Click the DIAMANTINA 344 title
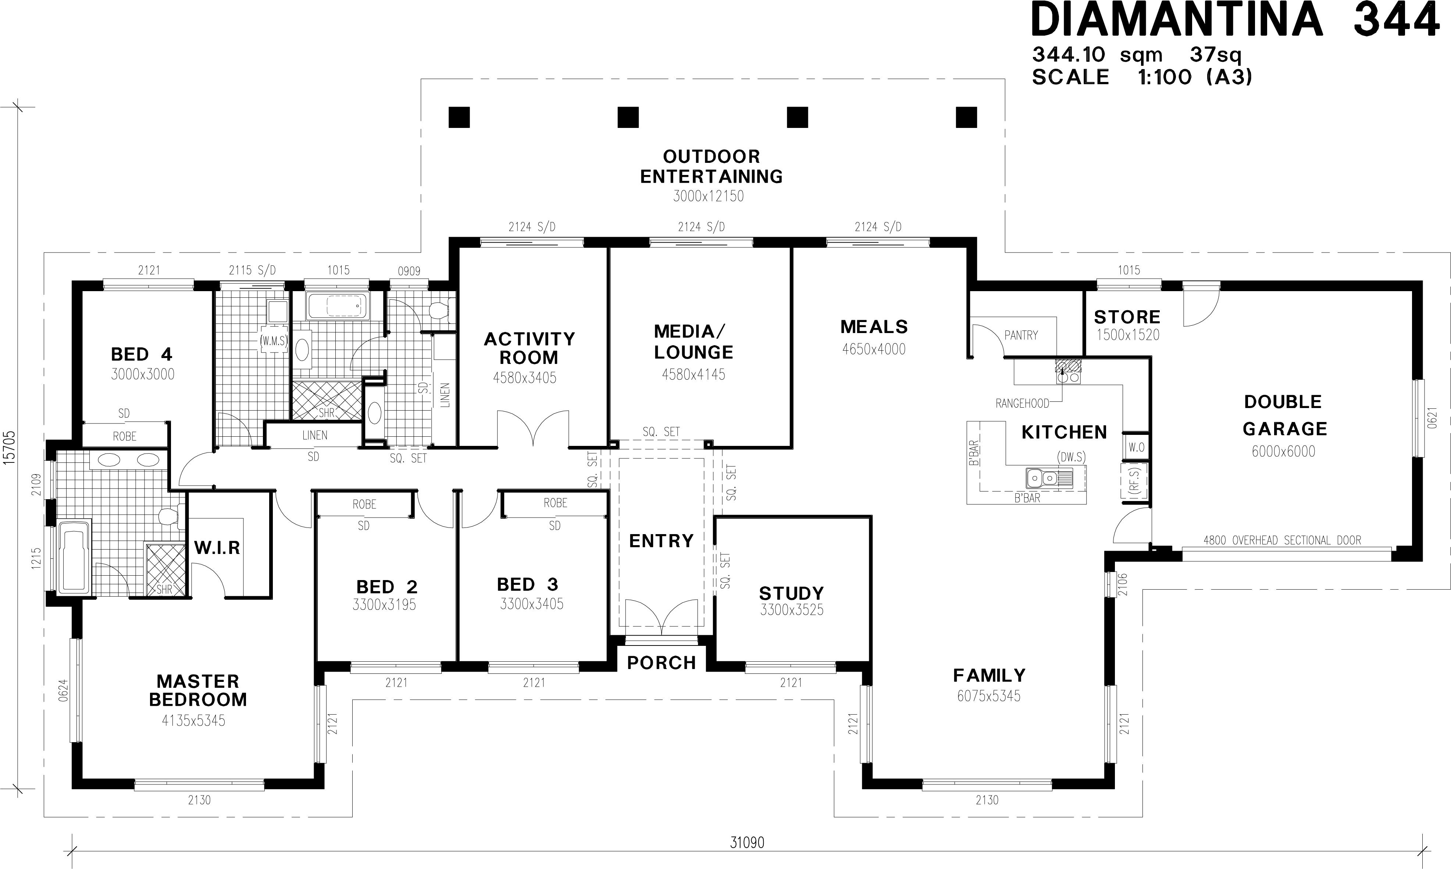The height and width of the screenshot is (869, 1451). click(x=1235, y=19)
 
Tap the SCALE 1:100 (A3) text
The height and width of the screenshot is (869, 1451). click(x=1142, y=77)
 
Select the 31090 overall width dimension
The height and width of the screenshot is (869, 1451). click(x=747, y=842)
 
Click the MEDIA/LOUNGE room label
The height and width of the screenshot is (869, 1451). click(x=694, y=342)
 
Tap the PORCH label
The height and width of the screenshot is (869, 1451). click(x=662, y=662)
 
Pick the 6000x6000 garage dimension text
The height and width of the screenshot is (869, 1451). click(x=1283, y=451)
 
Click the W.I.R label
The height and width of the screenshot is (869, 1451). click(x=217, y=547)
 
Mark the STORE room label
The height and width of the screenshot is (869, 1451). click(x=1127, y=317)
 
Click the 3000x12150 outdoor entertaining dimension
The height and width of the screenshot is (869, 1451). click(x=708, y=196)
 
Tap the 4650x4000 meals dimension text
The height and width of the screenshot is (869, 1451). click(x=873, y=349)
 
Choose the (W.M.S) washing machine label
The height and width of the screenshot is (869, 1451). click(x=274, y=341)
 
